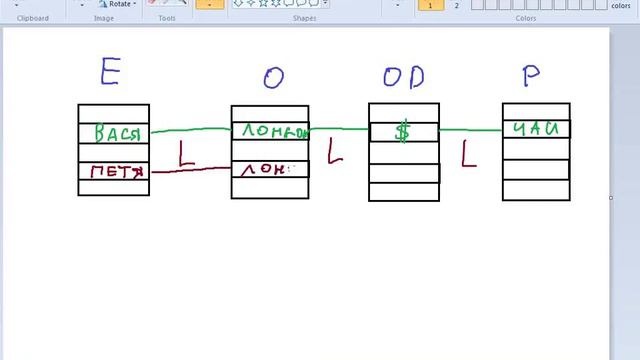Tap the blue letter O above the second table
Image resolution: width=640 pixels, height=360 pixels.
(x=273, y=78)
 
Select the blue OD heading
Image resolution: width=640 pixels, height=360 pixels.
(x=403, y=77)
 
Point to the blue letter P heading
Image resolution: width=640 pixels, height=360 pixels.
(x=532, y=74)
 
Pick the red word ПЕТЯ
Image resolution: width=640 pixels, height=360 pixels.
(x=116, y=171)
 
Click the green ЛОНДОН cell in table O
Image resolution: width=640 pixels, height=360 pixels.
(x=270, y=131)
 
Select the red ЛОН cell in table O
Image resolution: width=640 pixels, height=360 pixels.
(x=263, y=169)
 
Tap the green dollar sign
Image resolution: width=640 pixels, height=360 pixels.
(x=403, y=131)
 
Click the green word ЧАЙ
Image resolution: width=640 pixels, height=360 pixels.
(x=537, y=129)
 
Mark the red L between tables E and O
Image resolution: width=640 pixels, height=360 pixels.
(x=186, y=153)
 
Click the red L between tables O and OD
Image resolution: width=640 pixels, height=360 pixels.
(x=337, y=153)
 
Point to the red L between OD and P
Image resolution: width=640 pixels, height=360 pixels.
(x=469, y=153)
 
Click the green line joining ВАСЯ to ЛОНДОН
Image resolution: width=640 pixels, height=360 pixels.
(x=190, y=130)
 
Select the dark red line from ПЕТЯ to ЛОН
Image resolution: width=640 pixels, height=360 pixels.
(x=190, y=170)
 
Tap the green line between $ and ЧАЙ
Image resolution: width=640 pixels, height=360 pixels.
(x=470, y=129)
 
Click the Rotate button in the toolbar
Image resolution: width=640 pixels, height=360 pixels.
(x=115, y=4)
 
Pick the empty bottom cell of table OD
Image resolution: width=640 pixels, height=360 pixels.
(x=404, y=190)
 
